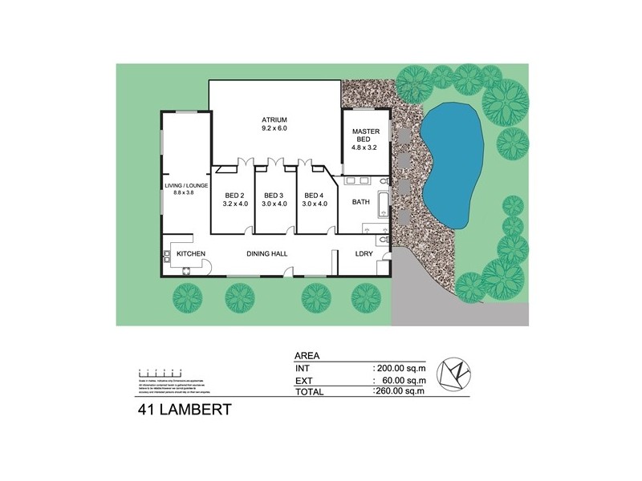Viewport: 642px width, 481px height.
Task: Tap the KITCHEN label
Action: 191,254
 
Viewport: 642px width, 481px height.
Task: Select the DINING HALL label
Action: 267,254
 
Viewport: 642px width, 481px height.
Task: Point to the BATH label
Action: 361,202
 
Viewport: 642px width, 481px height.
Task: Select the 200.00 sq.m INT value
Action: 399,368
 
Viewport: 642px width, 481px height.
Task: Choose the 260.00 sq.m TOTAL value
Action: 399,392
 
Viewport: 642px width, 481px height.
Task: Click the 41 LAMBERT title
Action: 184,411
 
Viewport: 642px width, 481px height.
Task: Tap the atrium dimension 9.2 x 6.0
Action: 274,128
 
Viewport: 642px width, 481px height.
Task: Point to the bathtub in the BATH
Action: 383,204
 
